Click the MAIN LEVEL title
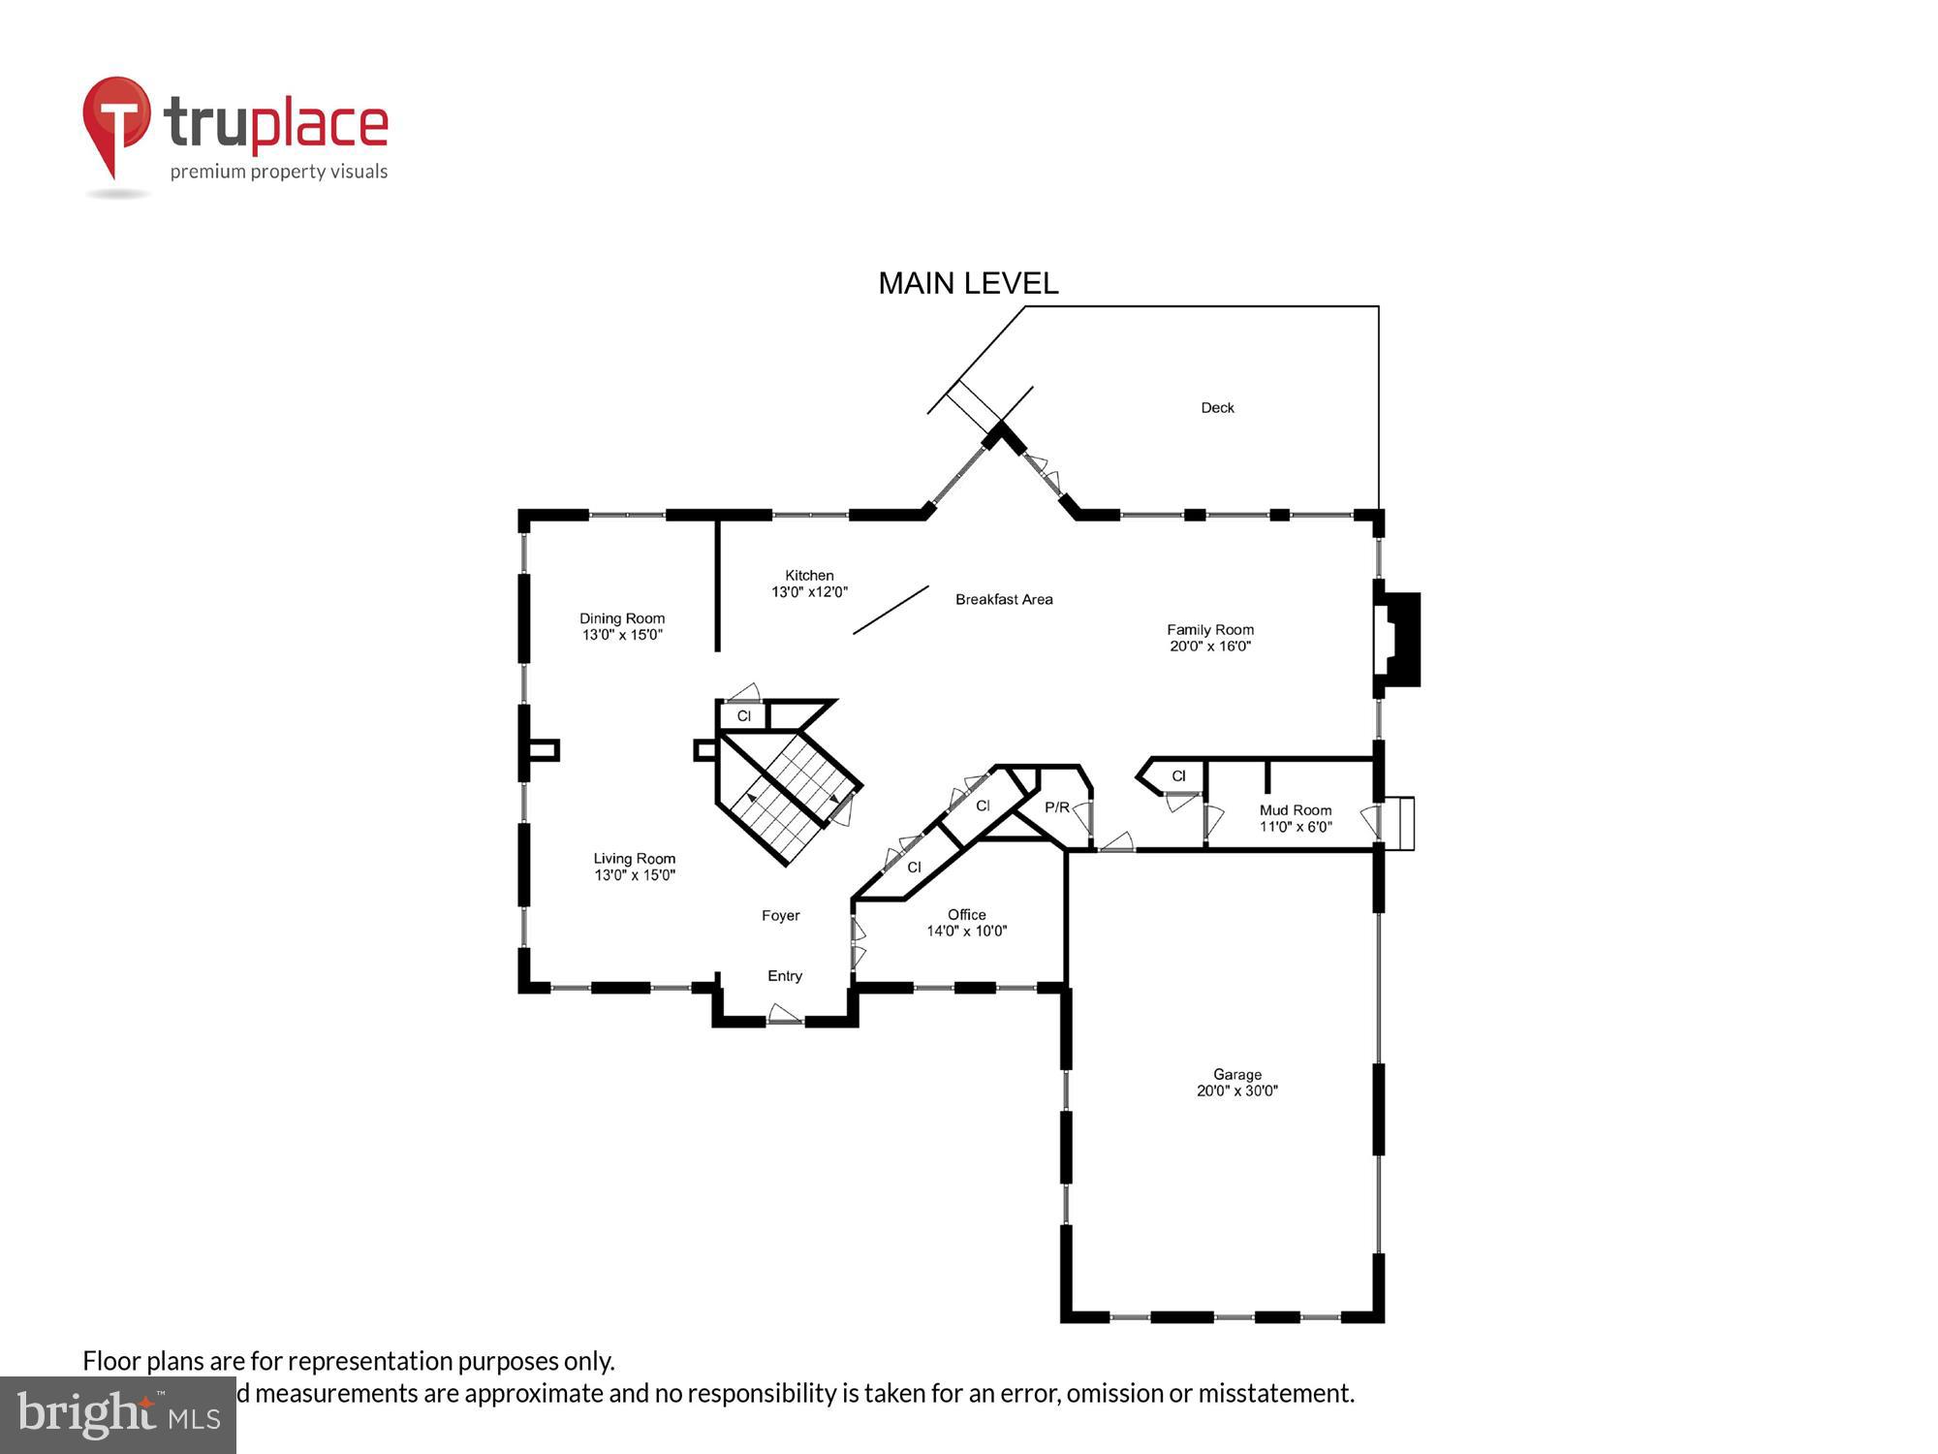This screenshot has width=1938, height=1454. pyautogui.click(x=967, y=283)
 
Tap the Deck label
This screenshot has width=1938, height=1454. pyautogui.click(x=1217, y=408)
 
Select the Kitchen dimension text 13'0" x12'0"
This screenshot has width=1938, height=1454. pyautogui.click(x=809, y=591)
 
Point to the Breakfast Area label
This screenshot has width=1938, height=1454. pyautogui.click(x=1004, y=599)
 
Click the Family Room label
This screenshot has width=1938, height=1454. pyautogui.click(x=1209, y=630)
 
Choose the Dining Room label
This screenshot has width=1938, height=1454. pyautogui.click(x=622, y=618)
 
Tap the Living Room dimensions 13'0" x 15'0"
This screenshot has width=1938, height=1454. pyautogui.click(x=635, y=875)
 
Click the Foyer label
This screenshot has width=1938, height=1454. pyautogui.click(x=780, y=915)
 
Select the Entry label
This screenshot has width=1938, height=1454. pyautogui.click(x=785, y=976)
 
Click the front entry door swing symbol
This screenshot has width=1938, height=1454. pyautogui.click(x=784, y=1015)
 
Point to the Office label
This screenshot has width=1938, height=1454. pyautogui.click(x=966, y=914)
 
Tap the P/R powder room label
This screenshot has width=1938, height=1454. pyautogui.click(x=1056, y=807)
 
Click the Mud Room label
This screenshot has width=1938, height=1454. pyautogui.click(x=1296, y=810)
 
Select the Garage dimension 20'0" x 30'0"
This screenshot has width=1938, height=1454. pyautogui.click(x=1237, y=1090)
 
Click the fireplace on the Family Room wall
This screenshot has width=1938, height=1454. pyautogui.click(x=1398, y=640)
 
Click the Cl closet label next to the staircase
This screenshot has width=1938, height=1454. pyautogui.click(x=743, y=716)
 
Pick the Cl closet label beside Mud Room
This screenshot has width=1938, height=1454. pyautogui.click(x=1178, y=775)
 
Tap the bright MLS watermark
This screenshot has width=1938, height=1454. pyautogui.click(x=118, y=1415)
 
